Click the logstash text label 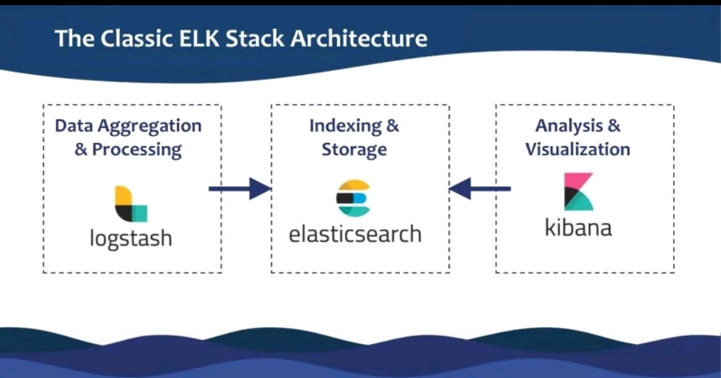click(131, 238)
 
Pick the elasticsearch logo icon click(353, 198)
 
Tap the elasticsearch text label click(355, 234)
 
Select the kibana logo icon click(578, 192)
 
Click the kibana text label click(578, 227)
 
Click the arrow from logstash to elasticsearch click(240, 189)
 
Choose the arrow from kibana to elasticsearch click(480, 189)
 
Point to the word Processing click(137, 149)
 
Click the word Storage click(354, 149)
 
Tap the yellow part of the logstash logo click(122, 196)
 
